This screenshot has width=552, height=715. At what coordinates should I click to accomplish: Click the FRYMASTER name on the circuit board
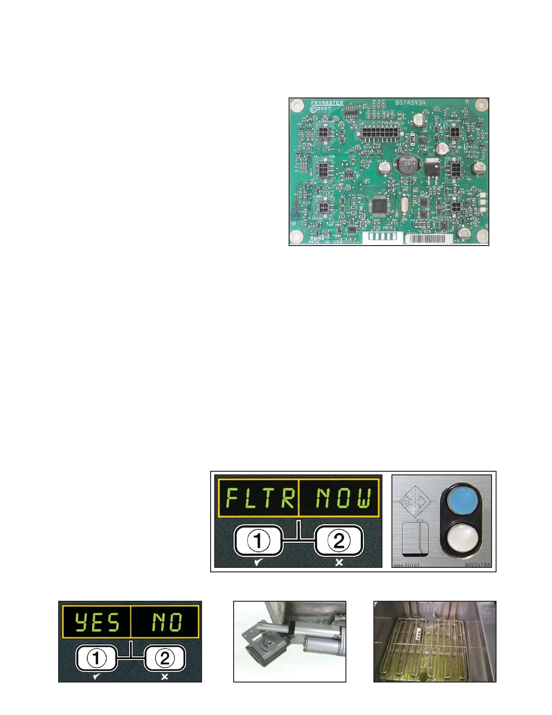tap(327, 103)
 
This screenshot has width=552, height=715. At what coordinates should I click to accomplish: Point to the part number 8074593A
tap(410, 102)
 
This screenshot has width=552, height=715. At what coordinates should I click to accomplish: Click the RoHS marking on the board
tap(317, 238)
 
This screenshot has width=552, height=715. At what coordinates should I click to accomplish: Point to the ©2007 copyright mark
tap(321, 109)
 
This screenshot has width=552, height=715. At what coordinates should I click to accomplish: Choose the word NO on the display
tap(166, 622)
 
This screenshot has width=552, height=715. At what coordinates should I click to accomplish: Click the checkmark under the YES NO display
tap(96, 677)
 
